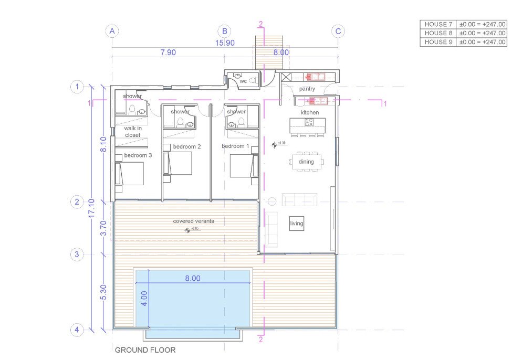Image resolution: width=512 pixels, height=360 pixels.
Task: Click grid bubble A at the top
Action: point(111,31)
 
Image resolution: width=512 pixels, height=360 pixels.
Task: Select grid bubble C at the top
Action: point(339,31)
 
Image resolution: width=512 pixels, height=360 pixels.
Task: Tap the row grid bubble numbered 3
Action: point(77,255)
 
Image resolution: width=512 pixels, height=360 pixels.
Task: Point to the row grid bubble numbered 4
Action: point(77,330)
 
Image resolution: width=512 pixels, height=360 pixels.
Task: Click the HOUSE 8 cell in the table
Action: point(438,33)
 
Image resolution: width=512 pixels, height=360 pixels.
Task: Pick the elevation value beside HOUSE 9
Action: point(482,42)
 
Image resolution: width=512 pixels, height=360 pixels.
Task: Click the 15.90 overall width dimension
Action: point(225,43)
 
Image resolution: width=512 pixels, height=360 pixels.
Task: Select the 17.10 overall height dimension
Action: point(92,208)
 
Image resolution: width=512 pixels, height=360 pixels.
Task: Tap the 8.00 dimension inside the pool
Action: point(193,279)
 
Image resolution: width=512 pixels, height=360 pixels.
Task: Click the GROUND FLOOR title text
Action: point(145,350)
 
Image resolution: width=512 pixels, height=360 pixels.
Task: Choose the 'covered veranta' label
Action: point(193,221)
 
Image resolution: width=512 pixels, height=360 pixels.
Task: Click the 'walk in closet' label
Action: point(132,132)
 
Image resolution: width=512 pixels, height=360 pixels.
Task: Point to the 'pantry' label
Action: point(307,89)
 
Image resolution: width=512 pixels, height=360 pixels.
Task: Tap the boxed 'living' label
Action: point(297,224)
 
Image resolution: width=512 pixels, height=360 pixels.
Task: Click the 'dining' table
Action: point(306,162)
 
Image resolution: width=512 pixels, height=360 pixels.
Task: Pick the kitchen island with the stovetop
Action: point(307,125)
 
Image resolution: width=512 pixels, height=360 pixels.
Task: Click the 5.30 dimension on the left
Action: point(103,293)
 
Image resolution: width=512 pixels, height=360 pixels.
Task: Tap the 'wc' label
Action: point(243,81)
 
